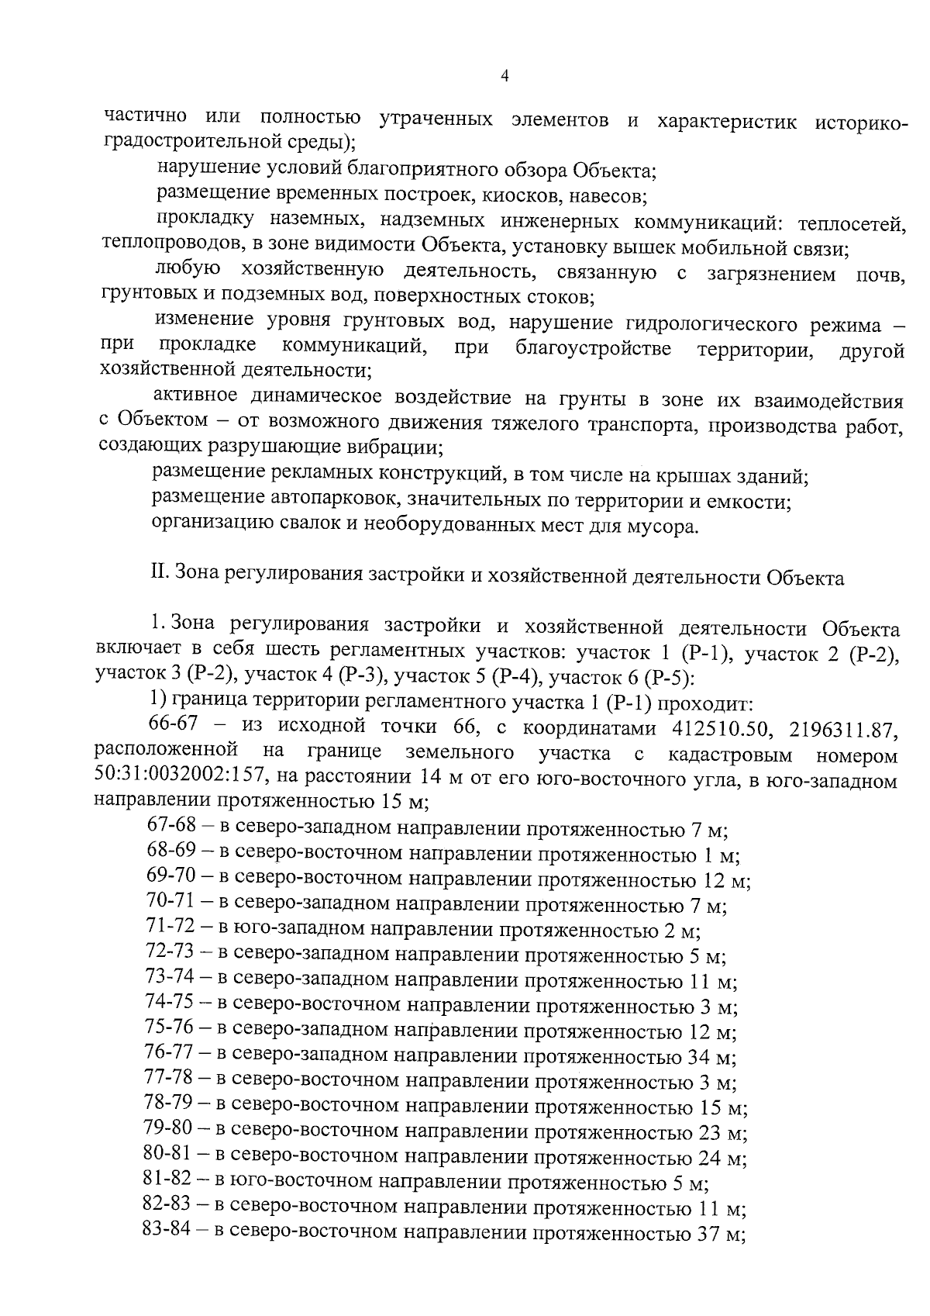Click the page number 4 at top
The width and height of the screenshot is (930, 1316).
(x=505, y=76)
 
